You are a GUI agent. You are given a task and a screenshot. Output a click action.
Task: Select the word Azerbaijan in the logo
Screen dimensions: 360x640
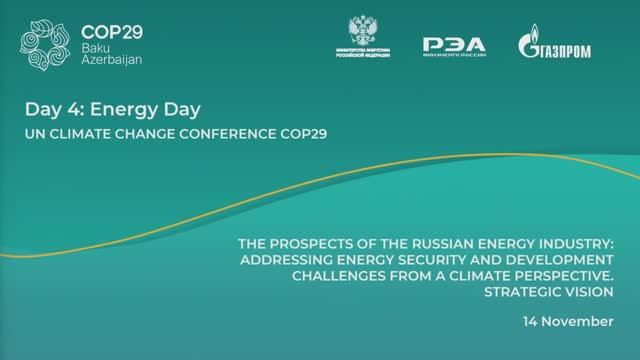click(112, 62)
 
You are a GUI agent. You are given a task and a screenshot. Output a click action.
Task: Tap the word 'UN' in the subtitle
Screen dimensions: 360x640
click(35, 132)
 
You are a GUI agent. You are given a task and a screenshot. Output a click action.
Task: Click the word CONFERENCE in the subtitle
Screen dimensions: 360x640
click(226, 132)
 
